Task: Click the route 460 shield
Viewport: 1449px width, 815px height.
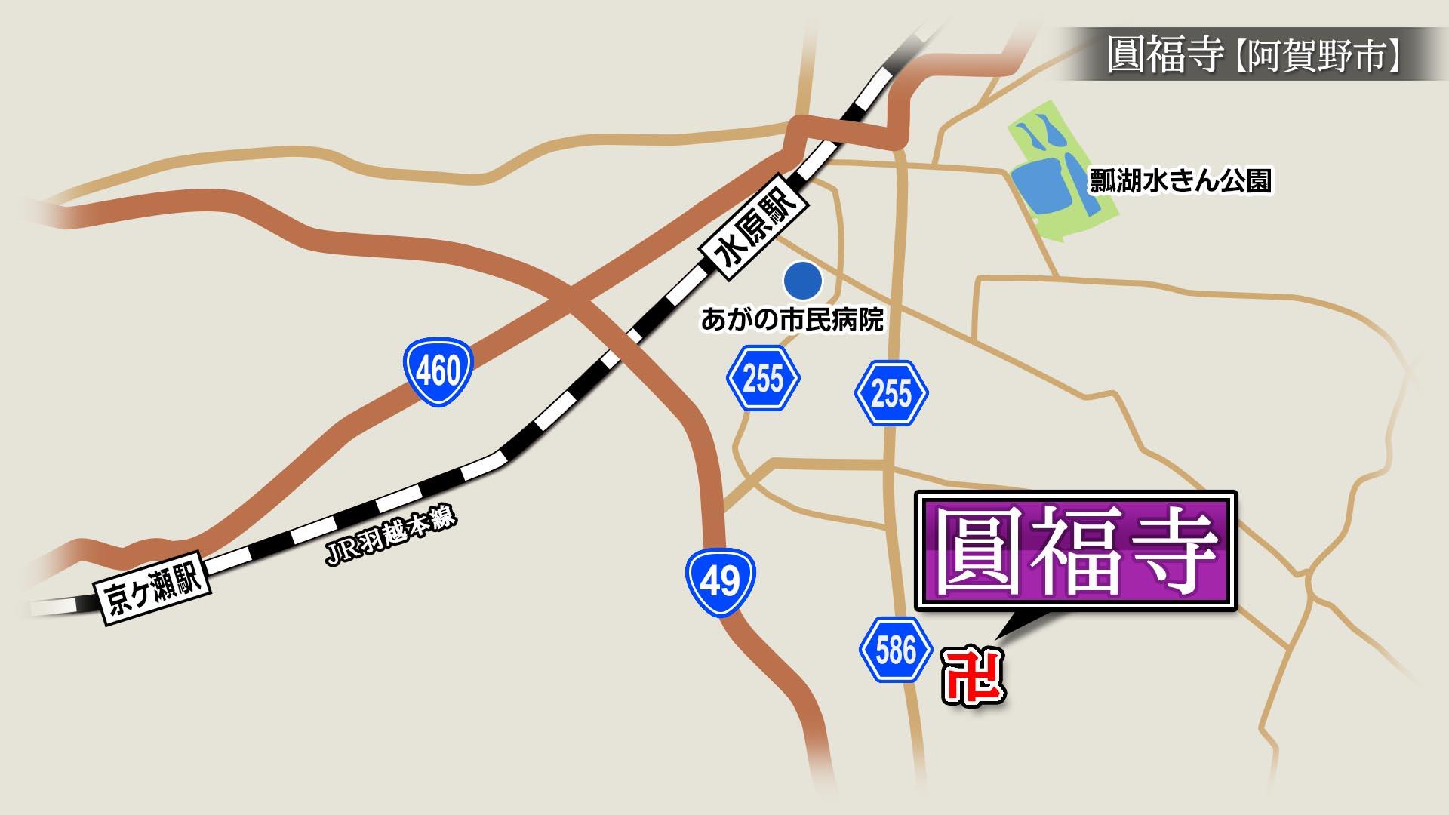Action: [438, 371]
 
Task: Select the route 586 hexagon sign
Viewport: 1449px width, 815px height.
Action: [896, 650]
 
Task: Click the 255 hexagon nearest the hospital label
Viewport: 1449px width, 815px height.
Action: [763, 378]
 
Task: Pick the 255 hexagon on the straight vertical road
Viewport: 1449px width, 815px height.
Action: [891, 393]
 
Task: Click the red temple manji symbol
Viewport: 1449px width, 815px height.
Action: [974, 677]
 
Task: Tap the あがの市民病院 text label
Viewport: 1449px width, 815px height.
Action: [792, 320]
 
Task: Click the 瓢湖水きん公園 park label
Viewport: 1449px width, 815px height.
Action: [1180, 181]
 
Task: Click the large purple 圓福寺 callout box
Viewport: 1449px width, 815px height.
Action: [1075, 551]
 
